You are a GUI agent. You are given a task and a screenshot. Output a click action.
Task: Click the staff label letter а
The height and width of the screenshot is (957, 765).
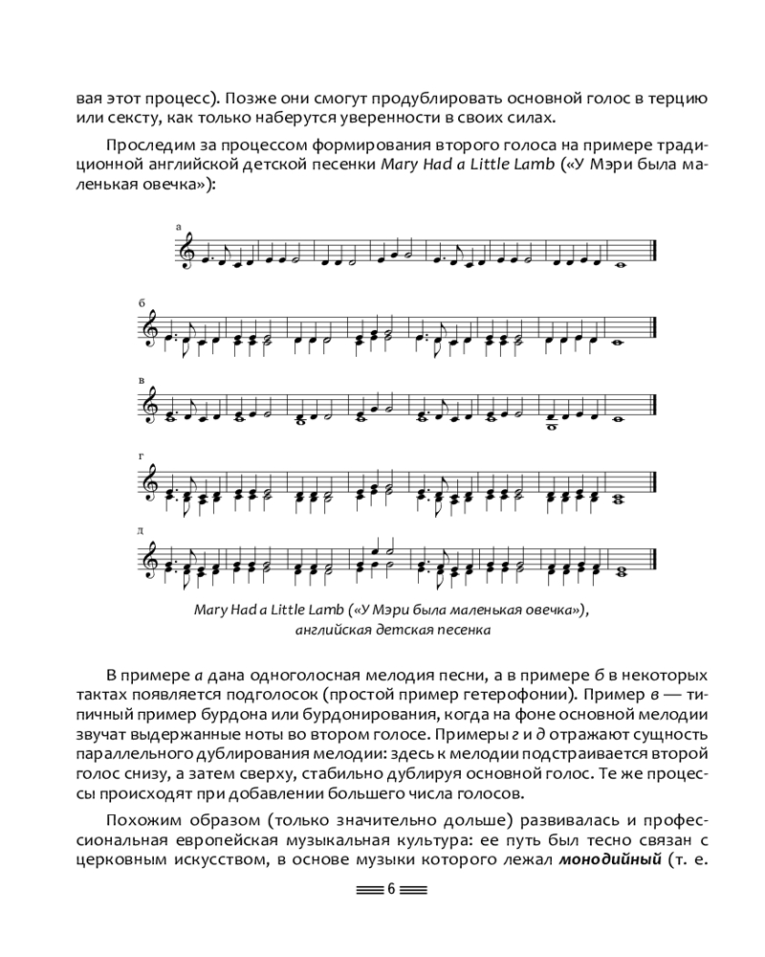point(179,226)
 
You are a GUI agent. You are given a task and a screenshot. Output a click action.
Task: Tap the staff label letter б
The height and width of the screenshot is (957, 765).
point(142,303)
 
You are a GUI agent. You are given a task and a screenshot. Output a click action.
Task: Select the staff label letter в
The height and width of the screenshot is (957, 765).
point(142,380)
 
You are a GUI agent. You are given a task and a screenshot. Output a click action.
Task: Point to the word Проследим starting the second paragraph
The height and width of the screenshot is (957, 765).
point(138,145)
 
